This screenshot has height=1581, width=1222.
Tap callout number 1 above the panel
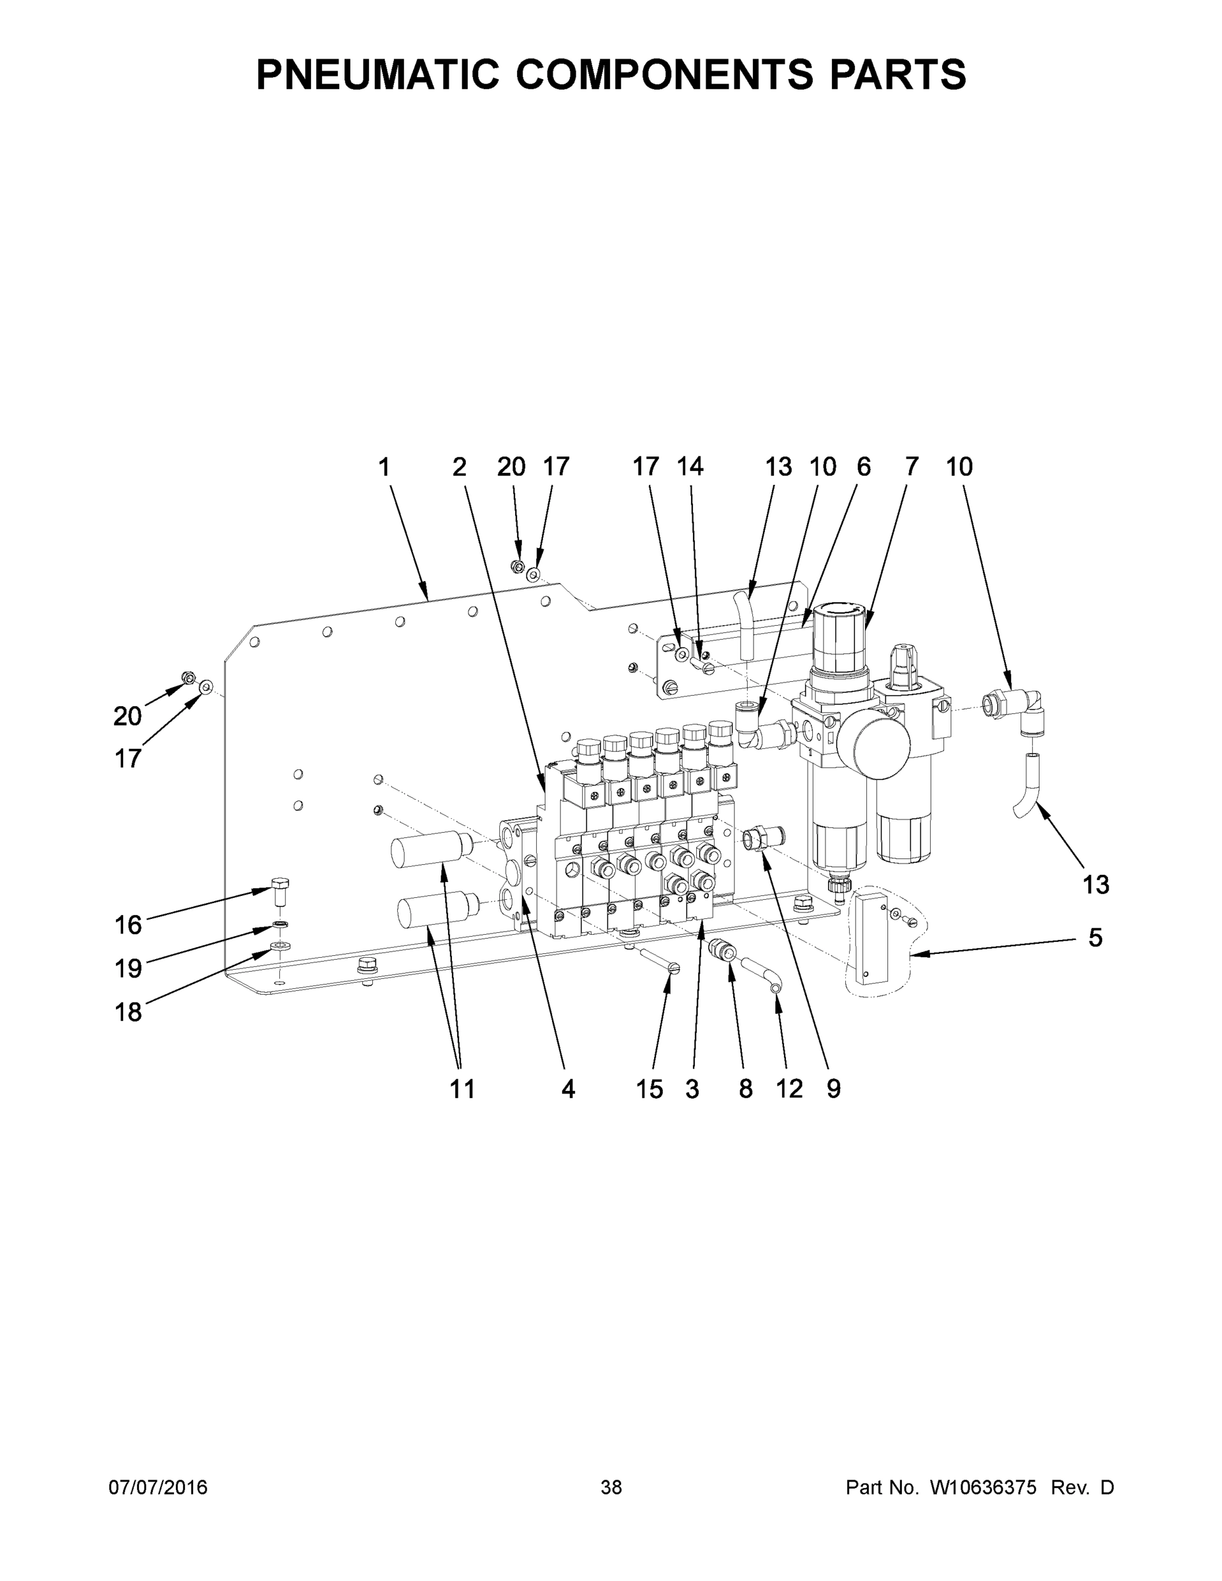[385, 468]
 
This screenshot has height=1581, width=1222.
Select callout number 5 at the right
[1095, 937]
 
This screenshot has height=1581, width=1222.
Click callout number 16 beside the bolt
[128, 924]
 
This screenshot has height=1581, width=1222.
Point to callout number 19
[128, 968]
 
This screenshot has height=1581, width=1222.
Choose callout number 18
[128, 1011]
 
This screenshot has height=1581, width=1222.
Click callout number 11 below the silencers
[462, 1089]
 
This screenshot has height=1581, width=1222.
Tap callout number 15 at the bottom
[650, 1089]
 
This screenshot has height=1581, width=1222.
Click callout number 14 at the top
[690, 467]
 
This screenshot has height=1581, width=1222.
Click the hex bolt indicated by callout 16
[280, 892]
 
